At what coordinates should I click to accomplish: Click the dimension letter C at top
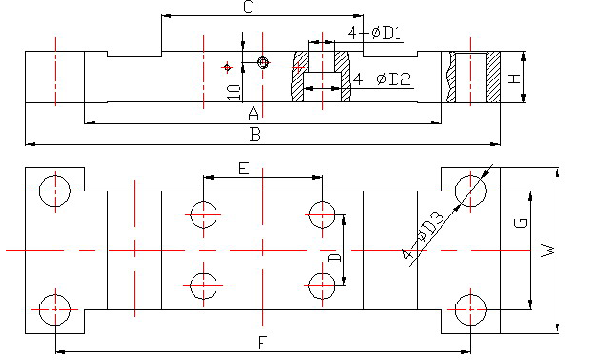(248, 7)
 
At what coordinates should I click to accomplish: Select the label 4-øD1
(375, 33)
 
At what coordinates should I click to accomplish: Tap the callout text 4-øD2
(382, 79)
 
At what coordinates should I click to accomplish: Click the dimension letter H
(514, 79)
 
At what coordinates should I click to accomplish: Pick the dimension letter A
(254, 113)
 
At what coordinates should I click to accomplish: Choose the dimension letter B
(255, 134)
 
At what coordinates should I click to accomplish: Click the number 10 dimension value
(234, 92)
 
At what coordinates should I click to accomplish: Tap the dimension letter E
(244, 168)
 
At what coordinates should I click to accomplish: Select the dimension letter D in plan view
(334, 258)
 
